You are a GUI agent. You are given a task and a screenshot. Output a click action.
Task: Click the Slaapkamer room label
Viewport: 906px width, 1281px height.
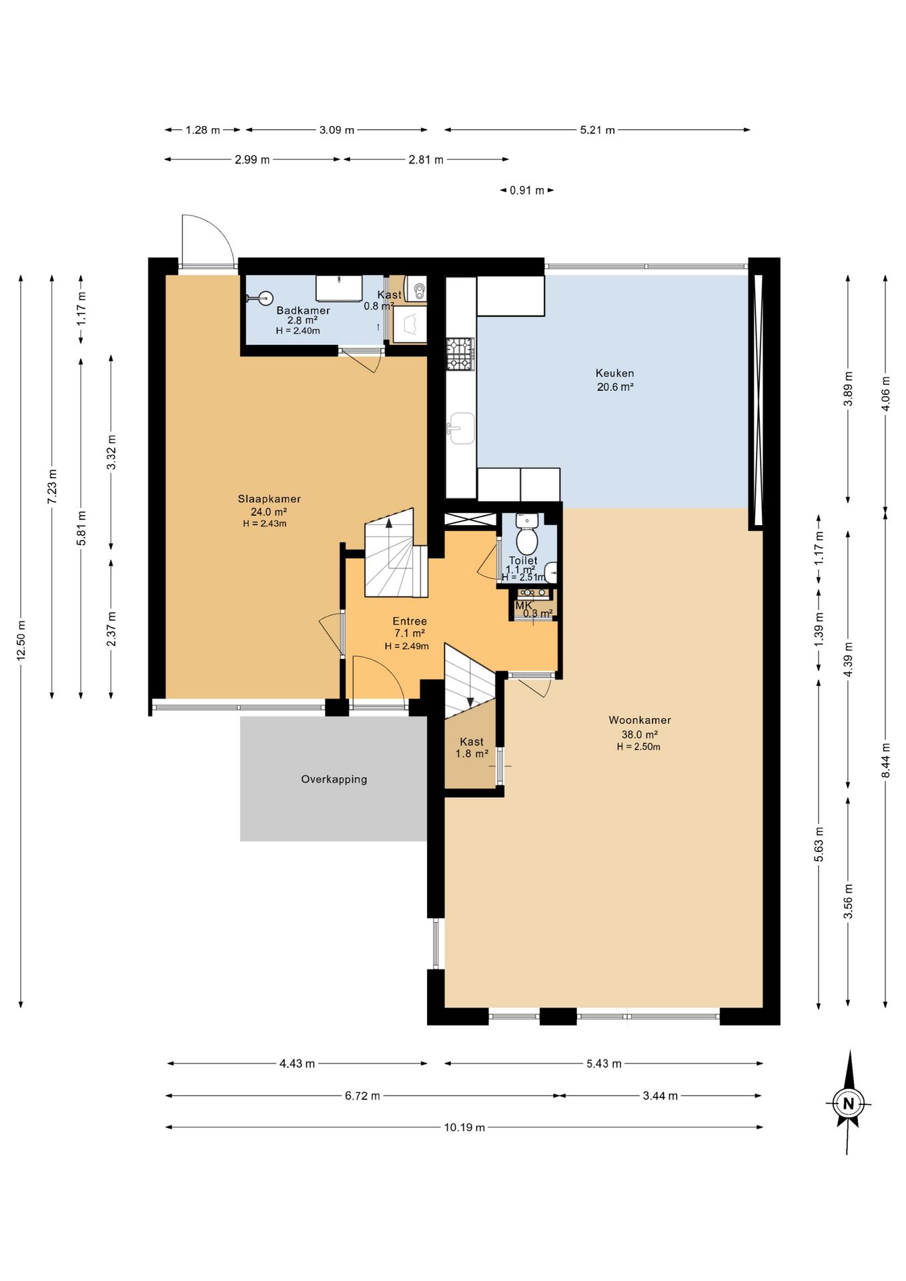[x=269, y=499]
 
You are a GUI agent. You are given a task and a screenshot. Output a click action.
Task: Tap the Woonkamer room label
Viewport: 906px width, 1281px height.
[x=639, y=721]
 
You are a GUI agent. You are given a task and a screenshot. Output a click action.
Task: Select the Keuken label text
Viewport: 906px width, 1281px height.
[x=614, y=374]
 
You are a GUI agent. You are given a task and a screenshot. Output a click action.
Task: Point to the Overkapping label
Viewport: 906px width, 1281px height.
[x=334, y=779]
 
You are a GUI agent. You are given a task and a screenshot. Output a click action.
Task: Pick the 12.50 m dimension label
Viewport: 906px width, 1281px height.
[x=21, y=640]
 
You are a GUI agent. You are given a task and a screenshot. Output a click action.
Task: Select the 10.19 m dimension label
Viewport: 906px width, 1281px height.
[x=464, y=1128]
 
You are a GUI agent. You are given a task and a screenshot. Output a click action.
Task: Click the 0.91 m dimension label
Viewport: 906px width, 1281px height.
[x=527, y=191]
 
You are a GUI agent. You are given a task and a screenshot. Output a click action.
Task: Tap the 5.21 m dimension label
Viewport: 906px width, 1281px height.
[x=597, y=130]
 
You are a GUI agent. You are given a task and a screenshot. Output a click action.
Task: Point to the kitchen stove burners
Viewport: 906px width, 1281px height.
[x=460, y=354]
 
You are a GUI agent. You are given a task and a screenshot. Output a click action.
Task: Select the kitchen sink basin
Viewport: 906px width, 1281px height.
[x=461, y=428]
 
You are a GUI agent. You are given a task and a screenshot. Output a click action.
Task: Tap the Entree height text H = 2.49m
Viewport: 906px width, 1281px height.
[x=406, y=646]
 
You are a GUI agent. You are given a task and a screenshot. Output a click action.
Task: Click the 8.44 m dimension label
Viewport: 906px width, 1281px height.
[x=885, y=760]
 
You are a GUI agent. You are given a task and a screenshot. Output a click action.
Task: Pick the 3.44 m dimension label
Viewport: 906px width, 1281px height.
[x=660, y=1096]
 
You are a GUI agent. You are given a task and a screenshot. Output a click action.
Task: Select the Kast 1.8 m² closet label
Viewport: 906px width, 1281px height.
[x=472, y=748]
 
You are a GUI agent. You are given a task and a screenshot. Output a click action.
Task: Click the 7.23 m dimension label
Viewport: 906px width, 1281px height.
[x=52, y=486]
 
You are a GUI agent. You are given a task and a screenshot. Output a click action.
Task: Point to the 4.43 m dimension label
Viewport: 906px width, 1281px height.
[x=297, y=1063]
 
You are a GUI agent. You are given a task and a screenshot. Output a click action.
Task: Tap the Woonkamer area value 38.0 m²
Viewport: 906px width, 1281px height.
[x=639, y=735]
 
